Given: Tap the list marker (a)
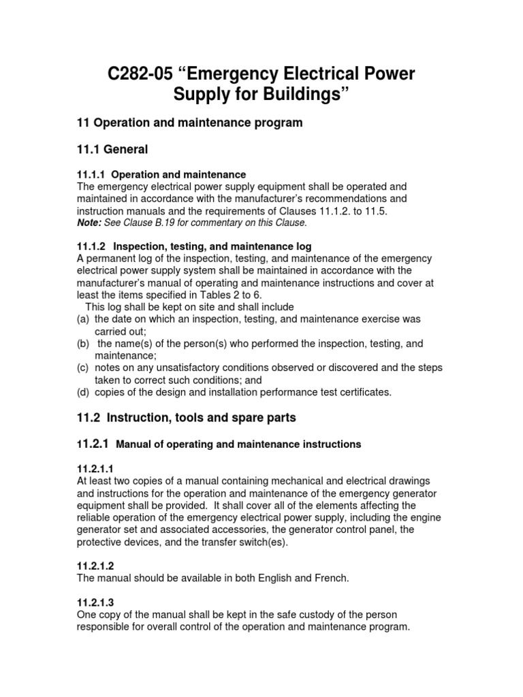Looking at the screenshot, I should click(82, 319).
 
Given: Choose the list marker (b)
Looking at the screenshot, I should click(82, 343).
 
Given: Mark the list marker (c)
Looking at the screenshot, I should click(82, 368).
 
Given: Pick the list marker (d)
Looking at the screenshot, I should click(82, 392).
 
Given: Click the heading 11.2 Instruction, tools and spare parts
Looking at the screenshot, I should click(186, 416).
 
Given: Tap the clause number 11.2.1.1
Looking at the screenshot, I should click(96, 469).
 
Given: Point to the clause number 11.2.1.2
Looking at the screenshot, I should click(96, 566).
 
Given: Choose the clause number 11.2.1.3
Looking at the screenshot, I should click(96, 602).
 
